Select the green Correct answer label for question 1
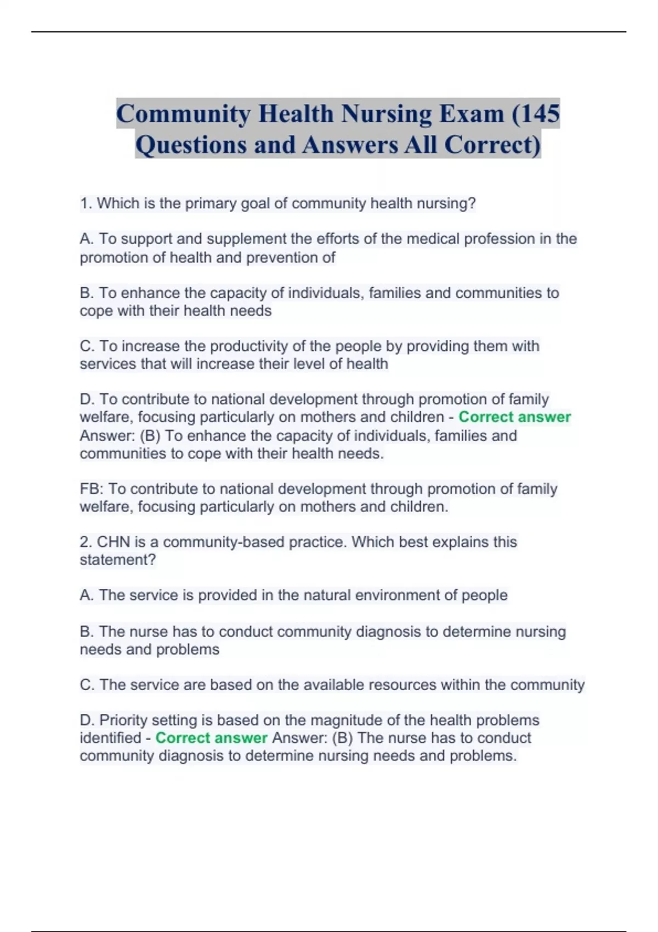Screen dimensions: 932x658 pyautogui.click(x=514, y=417)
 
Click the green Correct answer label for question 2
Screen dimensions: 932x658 pyautogui.click(x=211, y=738)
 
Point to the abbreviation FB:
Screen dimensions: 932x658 pyautogui.click(x=92, y=489)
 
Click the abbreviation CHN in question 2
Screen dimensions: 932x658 pyautogui.click(x=113, y=542)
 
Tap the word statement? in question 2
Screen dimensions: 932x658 pyautogui.click(x=117, y=560)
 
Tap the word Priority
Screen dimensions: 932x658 pyautogui.click(x=123, y=720)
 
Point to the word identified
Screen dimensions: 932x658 pyautogui.click(x=110, y=738)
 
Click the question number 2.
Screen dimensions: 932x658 pyautogui.click(x=85, y=542)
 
